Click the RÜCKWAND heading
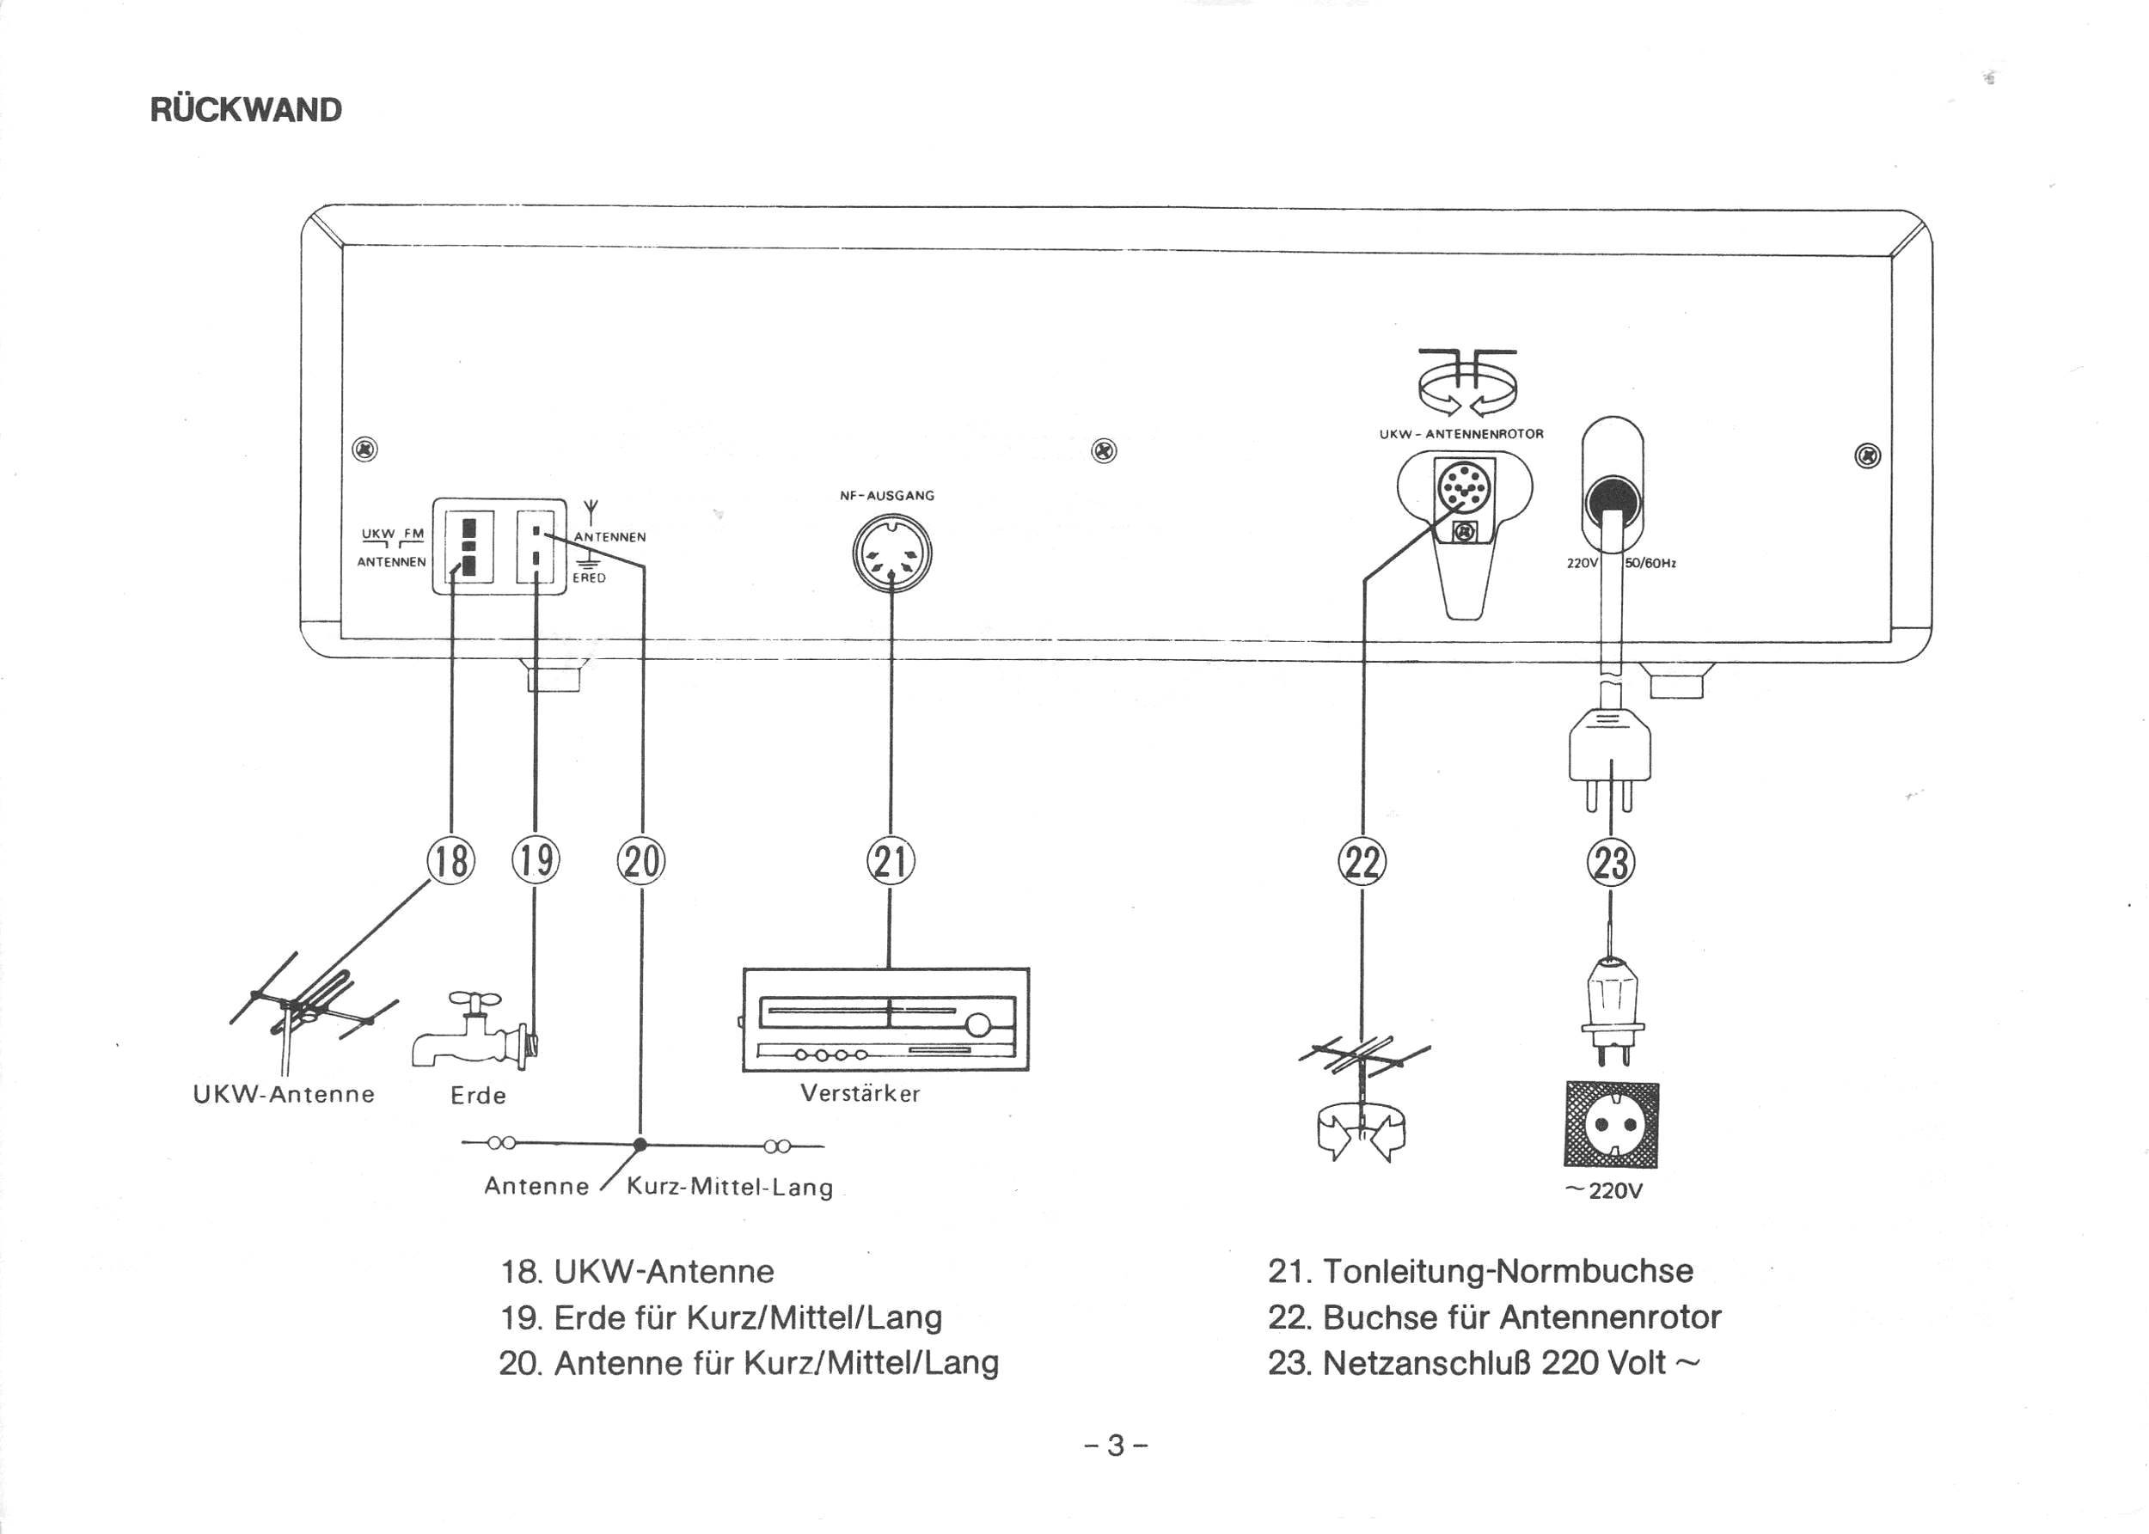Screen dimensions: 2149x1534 coord(246,110)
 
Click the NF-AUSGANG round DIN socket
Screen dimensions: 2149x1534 coord(891,553)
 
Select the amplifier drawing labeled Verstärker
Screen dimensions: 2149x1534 coord(886,1019)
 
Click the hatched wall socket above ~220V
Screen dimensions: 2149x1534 coord(1612,1124)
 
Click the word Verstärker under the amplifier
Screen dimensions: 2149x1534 coord(860,1093)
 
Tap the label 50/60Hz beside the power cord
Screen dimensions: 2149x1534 coord(1650,563)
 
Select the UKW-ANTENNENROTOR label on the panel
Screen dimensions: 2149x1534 coord(1461,435)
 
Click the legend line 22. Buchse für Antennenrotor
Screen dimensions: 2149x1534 coord(1494,1317)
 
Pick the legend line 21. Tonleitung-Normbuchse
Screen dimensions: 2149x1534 coord(1480,1270)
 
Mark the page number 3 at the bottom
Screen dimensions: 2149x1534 coord(1117,1446)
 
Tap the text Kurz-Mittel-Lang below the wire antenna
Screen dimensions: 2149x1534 coord(730,1187)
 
